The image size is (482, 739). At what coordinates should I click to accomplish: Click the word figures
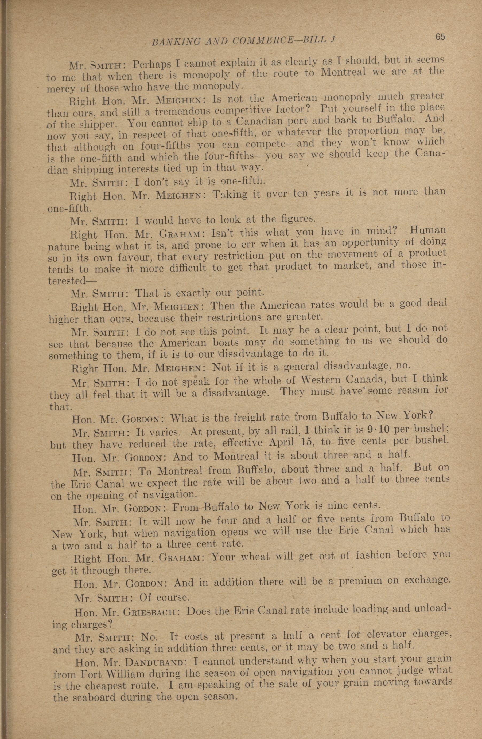tap(297, 219)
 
